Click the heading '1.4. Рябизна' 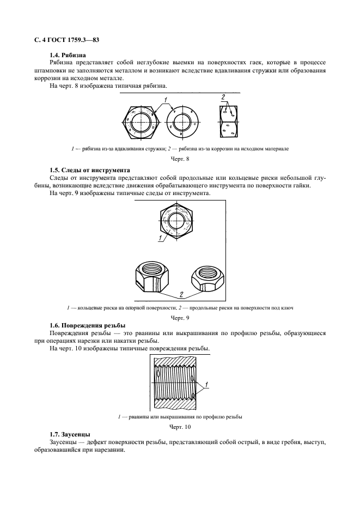coord(68,55)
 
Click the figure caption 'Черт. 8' coord(180,159)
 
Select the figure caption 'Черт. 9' coord(180,317)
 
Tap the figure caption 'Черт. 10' coord(180,427)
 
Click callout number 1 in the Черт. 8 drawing coord(164,100)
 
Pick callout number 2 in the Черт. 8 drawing coord(223,97)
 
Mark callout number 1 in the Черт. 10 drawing coord(208,386)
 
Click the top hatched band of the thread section coord(177,361)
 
